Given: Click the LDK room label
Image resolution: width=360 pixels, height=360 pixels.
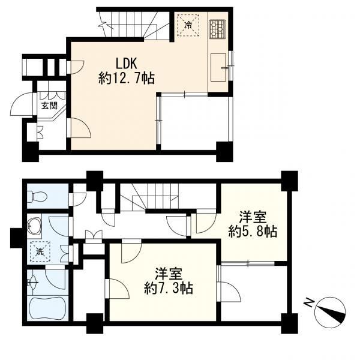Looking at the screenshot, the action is coord(127,64).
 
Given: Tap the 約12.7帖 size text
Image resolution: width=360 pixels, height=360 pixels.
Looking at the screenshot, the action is coord(127,78).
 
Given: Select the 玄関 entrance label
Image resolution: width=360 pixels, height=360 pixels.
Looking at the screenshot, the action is coord(49,106).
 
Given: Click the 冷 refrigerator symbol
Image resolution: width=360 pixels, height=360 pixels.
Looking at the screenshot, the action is coord(188,25).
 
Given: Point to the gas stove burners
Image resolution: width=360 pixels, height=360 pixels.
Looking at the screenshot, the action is coord(217,29).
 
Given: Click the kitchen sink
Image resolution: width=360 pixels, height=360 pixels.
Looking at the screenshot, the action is coord(218,67).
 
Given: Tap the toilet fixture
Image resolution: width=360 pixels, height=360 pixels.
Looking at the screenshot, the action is coord(37,197).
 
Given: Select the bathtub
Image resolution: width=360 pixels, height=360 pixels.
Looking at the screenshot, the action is coord(48,308).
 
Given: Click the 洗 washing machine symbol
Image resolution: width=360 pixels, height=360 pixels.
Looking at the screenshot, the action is coord(40,251).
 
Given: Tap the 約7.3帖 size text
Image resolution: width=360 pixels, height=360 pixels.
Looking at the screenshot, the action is coord(169,288).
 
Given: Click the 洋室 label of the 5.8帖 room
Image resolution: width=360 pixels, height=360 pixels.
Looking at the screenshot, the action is coord(253,217).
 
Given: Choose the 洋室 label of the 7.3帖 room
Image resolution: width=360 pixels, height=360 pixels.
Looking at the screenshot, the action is coord(169,274).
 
